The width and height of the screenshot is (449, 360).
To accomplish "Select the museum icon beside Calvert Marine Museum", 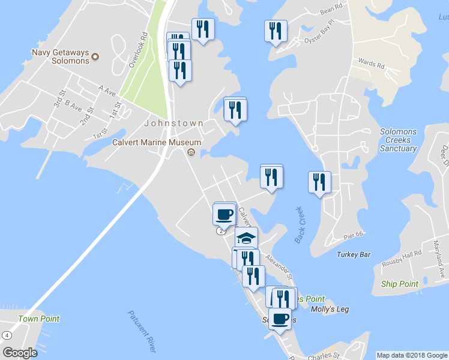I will pos(191,152).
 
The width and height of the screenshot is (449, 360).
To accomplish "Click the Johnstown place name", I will pos(173,123).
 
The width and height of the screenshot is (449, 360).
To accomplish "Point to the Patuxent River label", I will pos(142,331).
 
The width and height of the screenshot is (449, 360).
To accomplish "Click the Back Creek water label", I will pos(300,225).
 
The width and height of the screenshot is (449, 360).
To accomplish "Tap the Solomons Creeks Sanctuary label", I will pos(398,140).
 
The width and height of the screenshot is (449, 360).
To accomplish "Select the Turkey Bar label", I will pos(354,254).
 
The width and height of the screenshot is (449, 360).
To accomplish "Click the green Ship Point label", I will pos(399,284).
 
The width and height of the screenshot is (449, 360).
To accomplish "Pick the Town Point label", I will pos(38,319).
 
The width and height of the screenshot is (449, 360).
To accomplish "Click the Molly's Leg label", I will pos(330,310).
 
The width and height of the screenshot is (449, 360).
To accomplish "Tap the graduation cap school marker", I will pos(246,238).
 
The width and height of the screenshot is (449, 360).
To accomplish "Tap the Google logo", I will pos(20,353).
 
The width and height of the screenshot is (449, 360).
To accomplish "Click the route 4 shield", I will pos(7,335).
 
